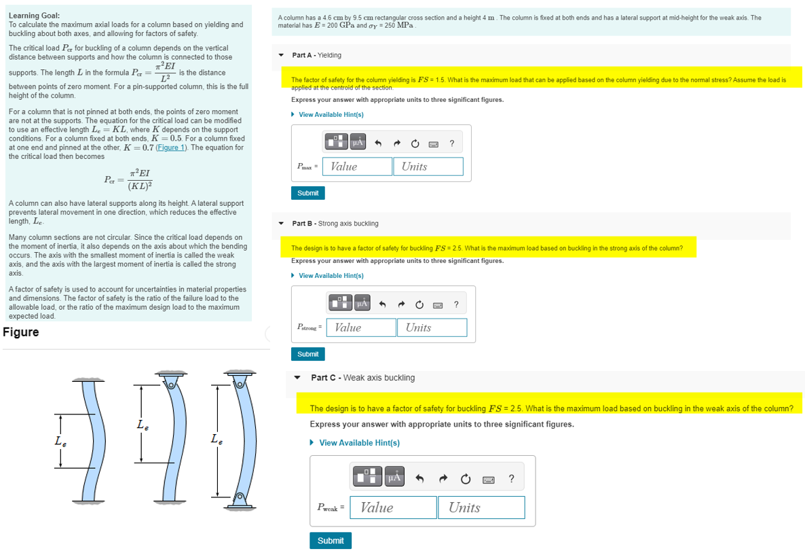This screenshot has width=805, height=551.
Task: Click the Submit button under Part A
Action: coord(308,193)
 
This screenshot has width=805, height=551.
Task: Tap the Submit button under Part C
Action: coord(331,541)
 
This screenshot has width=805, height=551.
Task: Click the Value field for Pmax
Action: coord(358,166)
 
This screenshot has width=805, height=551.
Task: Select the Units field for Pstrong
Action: coord(432,327)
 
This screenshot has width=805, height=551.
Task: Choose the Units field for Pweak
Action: coord(481,508)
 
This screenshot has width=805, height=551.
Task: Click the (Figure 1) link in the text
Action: coord(173,147)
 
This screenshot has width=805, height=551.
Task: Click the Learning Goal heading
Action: coord(34,15)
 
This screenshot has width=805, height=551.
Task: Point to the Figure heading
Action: coord(21,332)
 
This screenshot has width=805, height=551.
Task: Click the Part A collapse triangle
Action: coord(281,55)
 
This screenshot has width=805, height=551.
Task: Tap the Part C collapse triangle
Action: coord(297,378)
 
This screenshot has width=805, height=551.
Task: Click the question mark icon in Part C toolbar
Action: coord(511,479)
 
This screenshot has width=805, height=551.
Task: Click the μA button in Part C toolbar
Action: coord(394,479)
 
